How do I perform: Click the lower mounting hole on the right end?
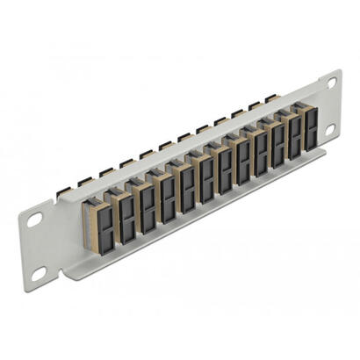pos(330,128)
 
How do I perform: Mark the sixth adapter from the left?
pos(205,178)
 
